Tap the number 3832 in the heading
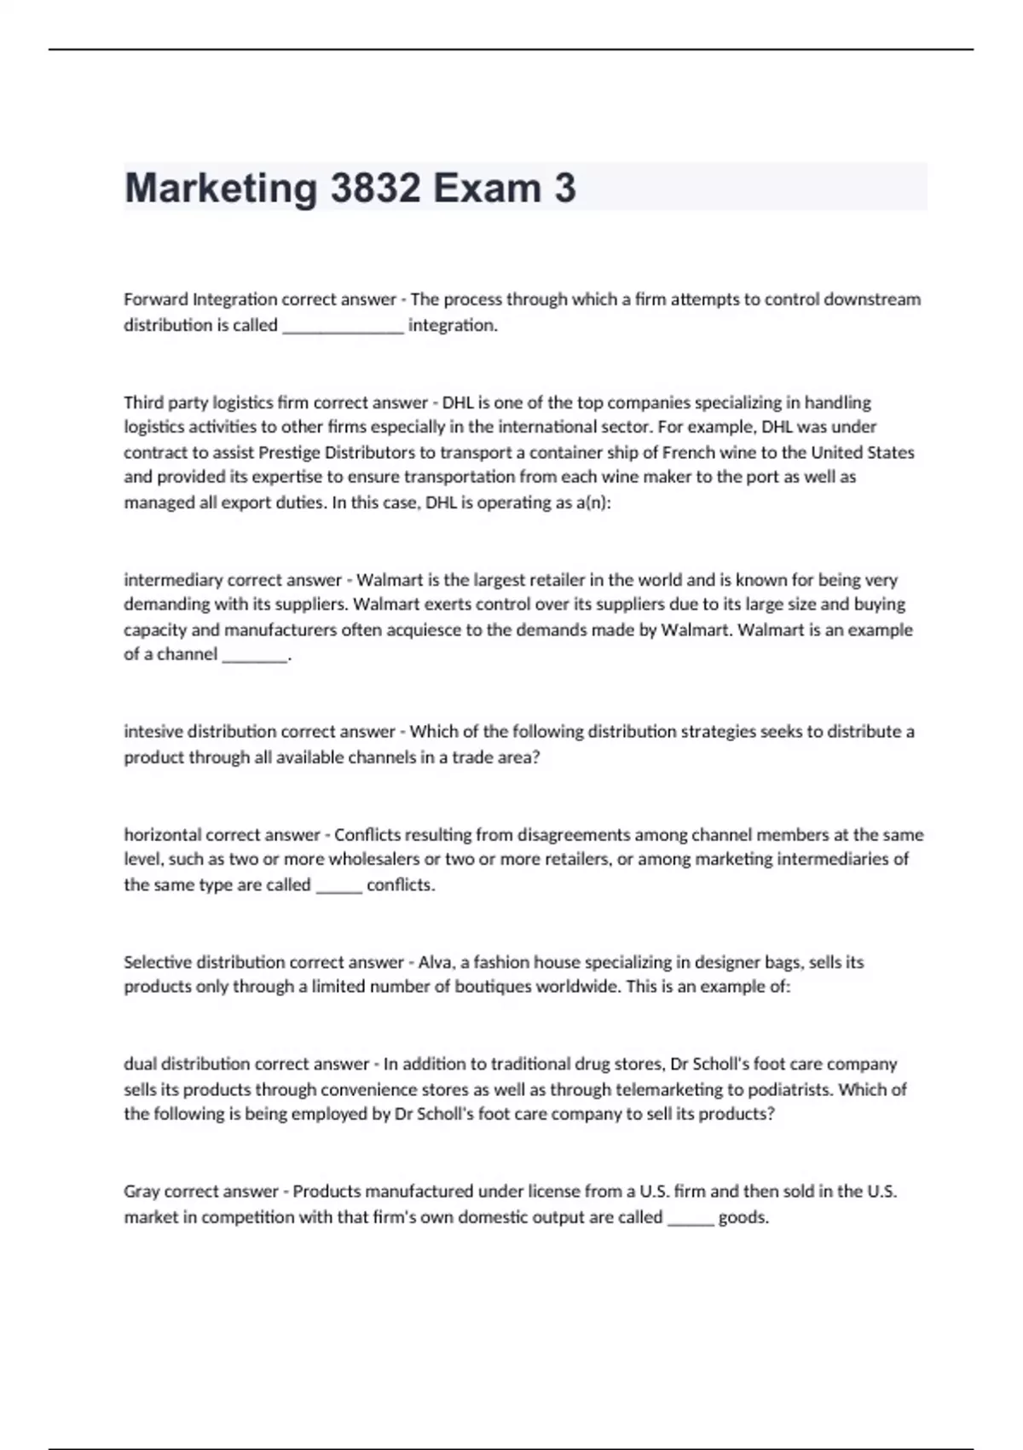(375, 188)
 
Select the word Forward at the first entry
(156, 299)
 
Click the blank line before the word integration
(343, 326)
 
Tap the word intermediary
(173, 580)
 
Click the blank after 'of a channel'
(255, 656)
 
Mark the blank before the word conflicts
(339, 885)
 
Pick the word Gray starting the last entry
(142, 1192)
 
